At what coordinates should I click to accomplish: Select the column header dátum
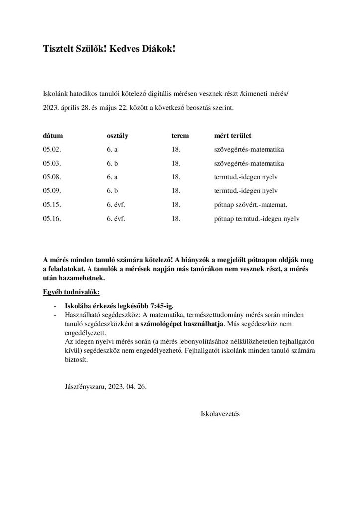coord(53,135)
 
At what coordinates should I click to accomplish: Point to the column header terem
coord(180,135)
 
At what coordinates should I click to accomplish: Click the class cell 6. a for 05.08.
coord(113,176)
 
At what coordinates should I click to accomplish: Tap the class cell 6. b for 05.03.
coord(113,163)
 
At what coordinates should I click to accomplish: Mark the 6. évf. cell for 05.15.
coord(116,204)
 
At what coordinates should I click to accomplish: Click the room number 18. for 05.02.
coord(175,149)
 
